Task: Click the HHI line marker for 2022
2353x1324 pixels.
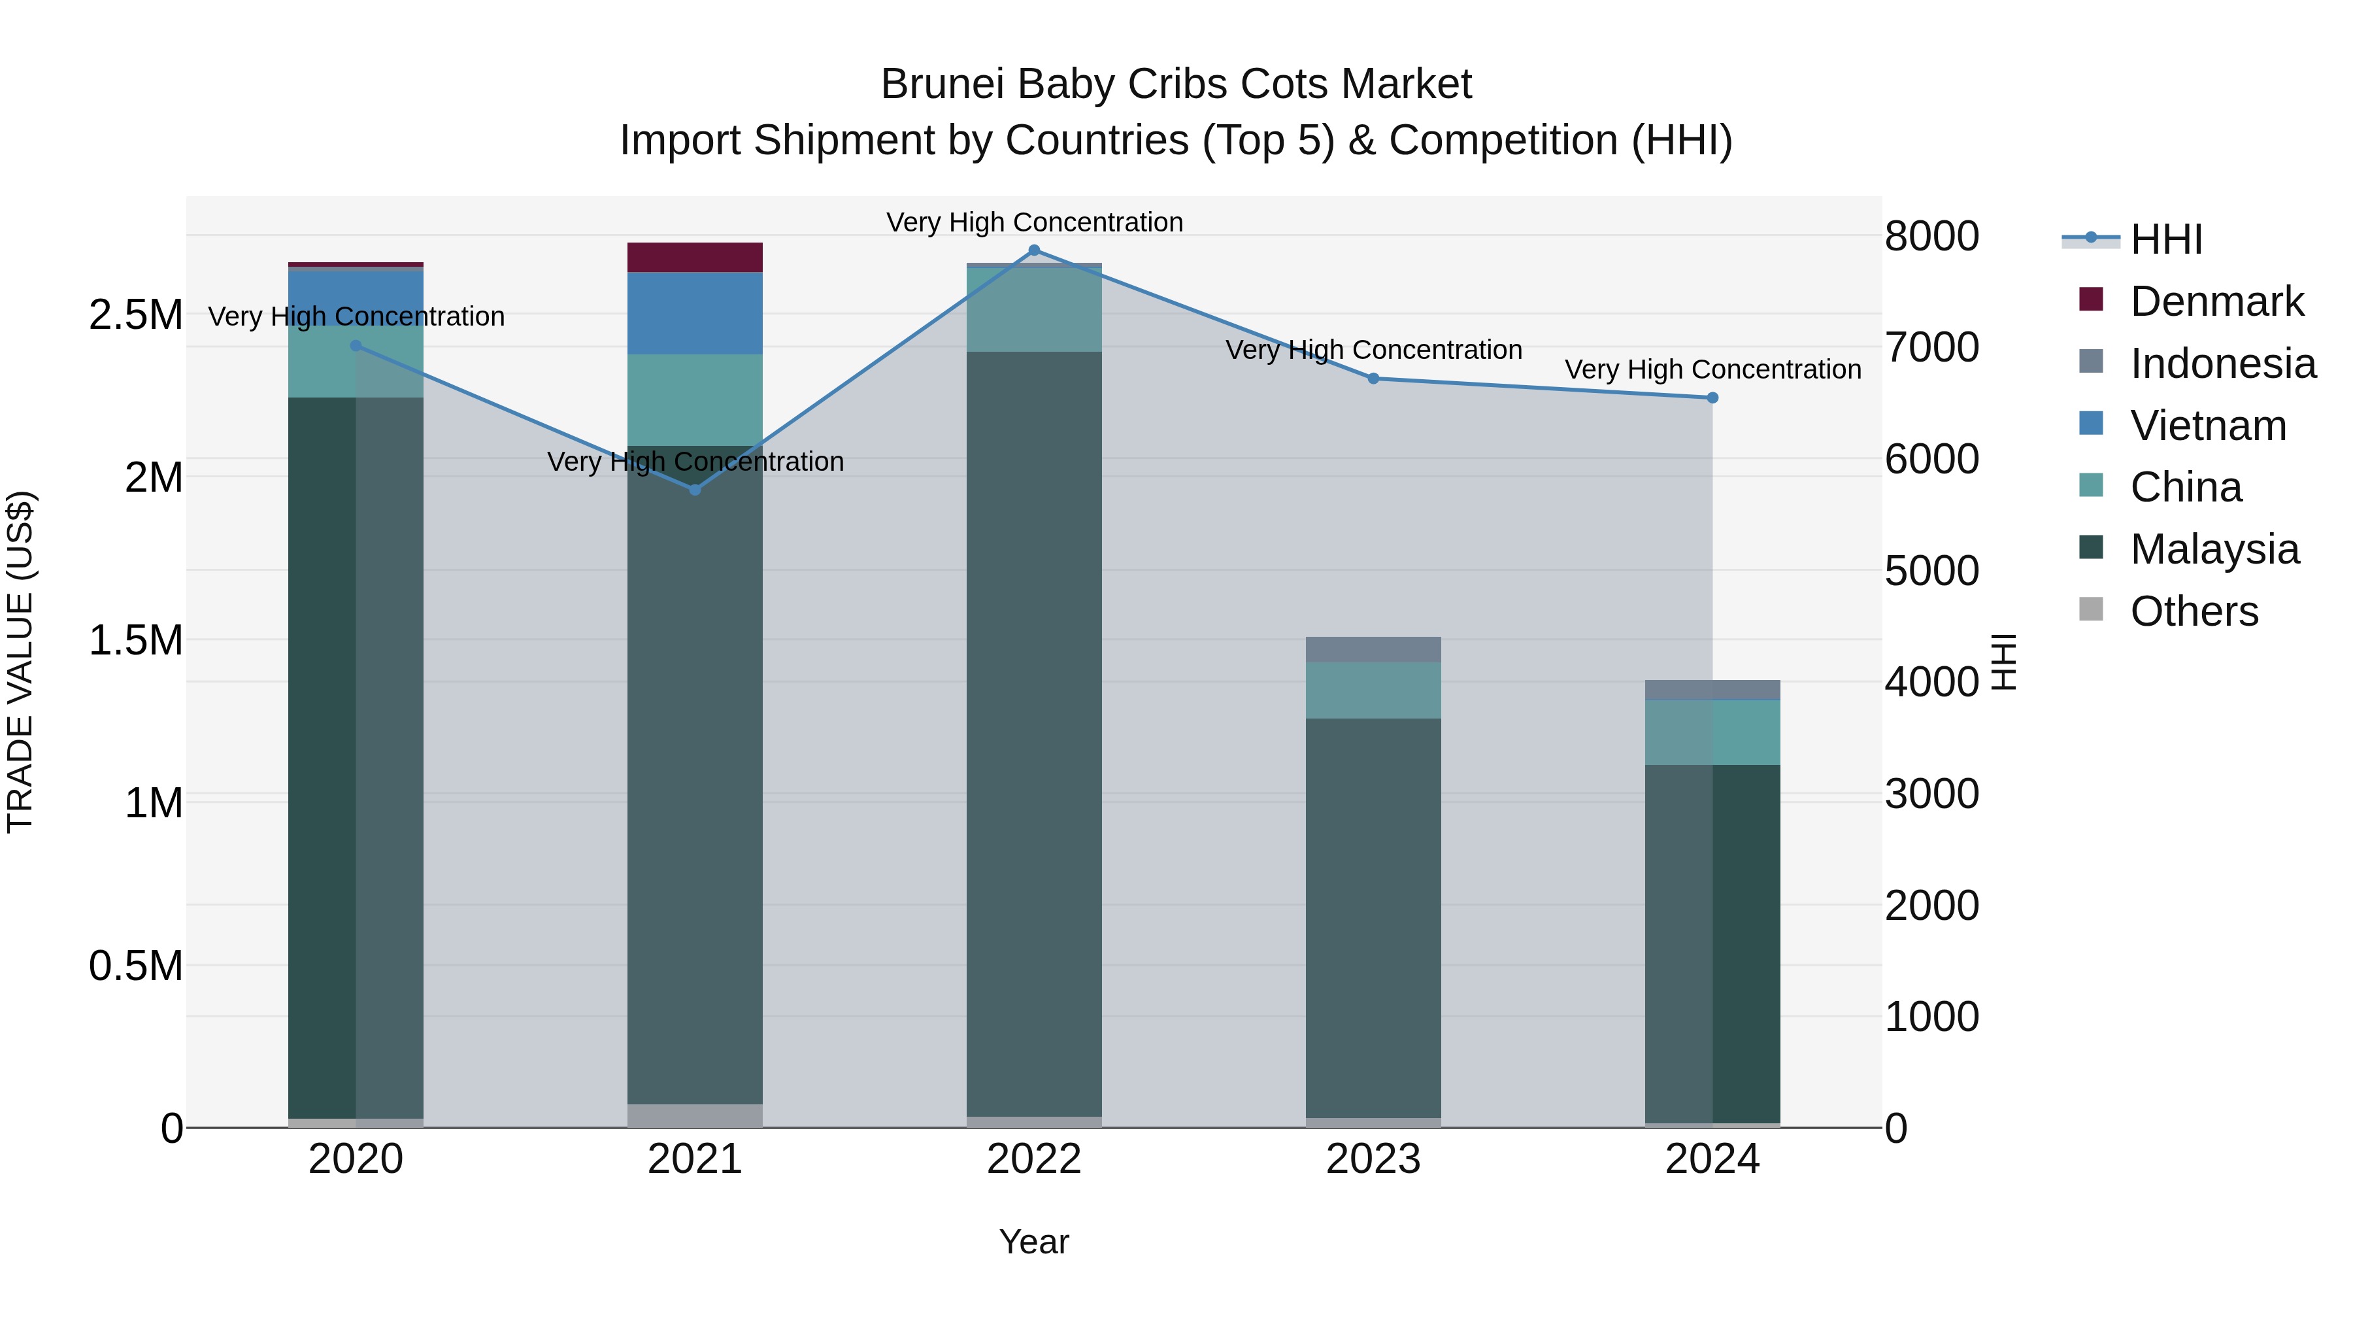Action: coord(1034,250)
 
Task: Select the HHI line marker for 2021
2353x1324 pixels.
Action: coord(695,490)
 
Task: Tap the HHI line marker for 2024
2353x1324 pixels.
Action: coord(1712,398)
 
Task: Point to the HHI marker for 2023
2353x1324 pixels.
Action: coord(1373,379)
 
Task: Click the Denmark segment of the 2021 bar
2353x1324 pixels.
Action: coord(695,258)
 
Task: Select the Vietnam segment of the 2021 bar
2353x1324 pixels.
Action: coord(695,313)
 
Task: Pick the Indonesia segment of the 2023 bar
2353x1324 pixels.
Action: coord(1373,650)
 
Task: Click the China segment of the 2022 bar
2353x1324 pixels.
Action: coord(1034,309)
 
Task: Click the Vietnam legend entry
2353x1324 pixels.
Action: coord(2208,426)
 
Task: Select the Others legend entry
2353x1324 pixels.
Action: coord(2194,611)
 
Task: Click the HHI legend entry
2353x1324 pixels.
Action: coord(2166,239)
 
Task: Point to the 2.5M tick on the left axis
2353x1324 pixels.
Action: coord(136,315)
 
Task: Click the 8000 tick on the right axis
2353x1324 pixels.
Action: coord(1931,237)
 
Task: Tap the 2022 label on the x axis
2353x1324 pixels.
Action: coord(1034,1159)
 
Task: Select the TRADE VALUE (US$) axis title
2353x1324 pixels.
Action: coord(20,662)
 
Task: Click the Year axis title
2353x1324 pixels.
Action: coord(1034,1242)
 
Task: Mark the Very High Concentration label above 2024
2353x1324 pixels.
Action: coord(1712,370)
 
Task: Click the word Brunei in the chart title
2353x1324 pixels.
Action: coord(944,84)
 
